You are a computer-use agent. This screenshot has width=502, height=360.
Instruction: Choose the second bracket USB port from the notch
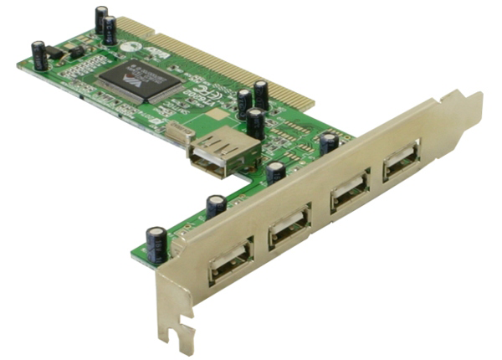click(x=289, y=226)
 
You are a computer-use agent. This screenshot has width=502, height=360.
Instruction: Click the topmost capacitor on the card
click(x=101, y=19)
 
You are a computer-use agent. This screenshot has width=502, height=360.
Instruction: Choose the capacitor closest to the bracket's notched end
click(x=156, y=244)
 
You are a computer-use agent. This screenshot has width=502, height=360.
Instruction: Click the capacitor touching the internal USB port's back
click(x=255, y=123)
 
